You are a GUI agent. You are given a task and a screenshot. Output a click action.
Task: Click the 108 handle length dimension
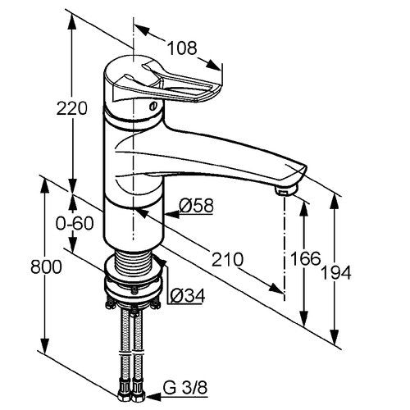click(182, 48)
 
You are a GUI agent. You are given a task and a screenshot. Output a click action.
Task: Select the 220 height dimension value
click(72, 108)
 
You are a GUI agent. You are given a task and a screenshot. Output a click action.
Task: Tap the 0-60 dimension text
click(75, 223)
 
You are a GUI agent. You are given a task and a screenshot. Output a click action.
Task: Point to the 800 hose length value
click(46, 266)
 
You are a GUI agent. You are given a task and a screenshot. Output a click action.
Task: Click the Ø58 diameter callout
click(196, 205)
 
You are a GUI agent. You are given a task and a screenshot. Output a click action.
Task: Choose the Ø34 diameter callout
click(188, 295)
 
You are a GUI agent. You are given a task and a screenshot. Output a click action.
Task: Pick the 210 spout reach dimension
click(227, 259)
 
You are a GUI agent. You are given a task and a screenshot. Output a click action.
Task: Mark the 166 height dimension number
click(305, 258)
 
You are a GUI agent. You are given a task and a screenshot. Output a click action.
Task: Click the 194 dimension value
click(336, 272)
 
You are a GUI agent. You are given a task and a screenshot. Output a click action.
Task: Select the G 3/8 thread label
click(185, 388)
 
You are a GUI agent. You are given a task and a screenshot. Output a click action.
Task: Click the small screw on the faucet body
click(153, 105)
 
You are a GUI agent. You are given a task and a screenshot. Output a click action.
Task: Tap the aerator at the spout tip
click(286, 189)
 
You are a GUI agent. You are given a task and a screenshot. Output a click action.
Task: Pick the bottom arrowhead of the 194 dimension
click(334, 337)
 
